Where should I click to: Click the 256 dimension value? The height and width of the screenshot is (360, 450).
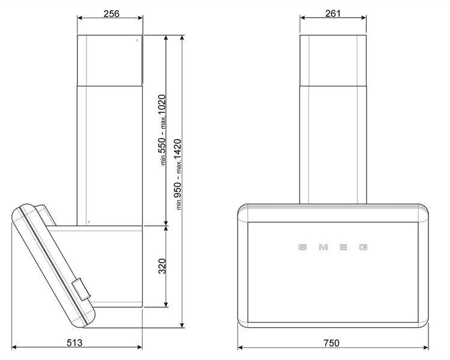coord(112,13)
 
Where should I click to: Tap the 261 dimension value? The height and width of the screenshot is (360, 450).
coord(333,13)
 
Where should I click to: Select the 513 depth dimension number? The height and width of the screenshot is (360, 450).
coord(74,343)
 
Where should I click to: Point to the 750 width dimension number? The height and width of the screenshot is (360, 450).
coord(331,343)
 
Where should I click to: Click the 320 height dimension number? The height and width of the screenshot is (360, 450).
coord(163,266)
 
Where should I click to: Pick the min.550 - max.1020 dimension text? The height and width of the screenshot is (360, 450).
coord(162,130)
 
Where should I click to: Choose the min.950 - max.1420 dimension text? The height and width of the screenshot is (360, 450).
coord(178,174)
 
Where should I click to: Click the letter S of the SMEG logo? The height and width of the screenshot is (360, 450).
coord(302,247)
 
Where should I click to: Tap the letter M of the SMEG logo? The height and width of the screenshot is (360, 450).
coord(323,247)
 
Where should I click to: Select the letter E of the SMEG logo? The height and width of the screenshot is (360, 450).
coord(343,247)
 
